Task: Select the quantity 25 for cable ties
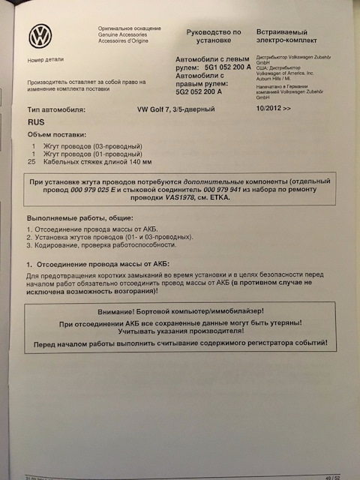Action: click(x=31, y=161)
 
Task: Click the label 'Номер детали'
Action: click(x=45, y=58)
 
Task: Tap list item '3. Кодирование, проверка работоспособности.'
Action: click(x=102, y=244)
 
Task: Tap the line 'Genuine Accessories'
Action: click(x=122, y=35)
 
